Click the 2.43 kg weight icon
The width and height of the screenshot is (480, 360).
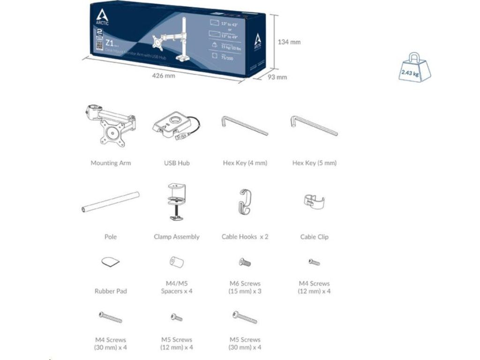(x=414, y=68)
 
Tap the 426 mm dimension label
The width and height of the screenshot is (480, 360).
(x=164, y=76)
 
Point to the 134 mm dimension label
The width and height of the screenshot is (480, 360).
(x=289, y=42)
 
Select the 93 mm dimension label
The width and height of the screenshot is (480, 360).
(x=277, y=77)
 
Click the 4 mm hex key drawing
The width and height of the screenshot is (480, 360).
(x=244, y=126)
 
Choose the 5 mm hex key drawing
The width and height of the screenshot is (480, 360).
(x=314, y=125)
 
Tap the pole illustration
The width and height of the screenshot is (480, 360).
(x=111, y=202)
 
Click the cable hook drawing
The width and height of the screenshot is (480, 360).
(x=244, y=202)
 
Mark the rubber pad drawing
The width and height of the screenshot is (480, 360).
(x=111, y=262)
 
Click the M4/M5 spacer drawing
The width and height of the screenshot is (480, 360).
(x=176, y=262)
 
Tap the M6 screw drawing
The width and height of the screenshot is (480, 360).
(x=245, y=262)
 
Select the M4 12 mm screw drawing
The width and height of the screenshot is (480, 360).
(x=314, y=262)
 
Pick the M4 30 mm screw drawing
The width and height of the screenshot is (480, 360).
(x=111, y=318)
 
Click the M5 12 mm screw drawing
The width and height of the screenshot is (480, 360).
(x=176, y=318)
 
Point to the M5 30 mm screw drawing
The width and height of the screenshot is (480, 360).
(x=244, y=317)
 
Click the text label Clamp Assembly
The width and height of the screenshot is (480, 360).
(x=176, y=237)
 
